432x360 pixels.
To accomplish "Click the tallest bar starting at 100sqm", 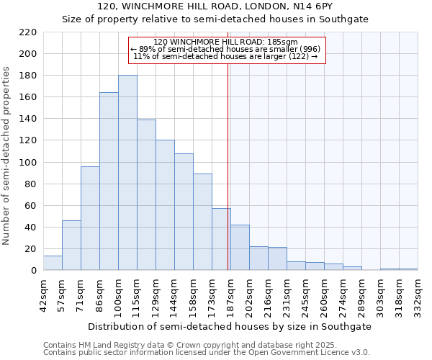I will [x=127, y=173].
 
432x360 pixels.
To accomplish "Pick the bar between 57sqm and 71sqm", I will [x=71, y=246].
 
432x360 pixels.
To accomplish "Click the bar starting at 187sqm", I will [x=240, y=248].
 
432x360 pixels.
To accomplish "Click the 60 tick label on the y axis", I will [x=31, y=206].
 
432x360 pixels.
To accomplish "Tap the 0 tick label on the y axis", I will [x=34, y=271].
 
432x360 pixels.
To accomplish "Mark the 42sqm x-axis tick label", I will [x=43, y=294].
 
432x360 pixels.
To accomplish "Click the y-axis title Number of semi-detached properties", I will [x=7, y=156].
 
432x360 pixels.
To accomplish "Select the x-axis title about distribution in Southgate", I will [x=229, y=326].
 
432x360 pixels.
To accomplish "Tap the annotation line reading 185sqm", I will [x=226, y=42].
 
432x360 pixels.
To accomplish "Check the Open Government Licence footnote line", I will [x=207, y=353].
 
